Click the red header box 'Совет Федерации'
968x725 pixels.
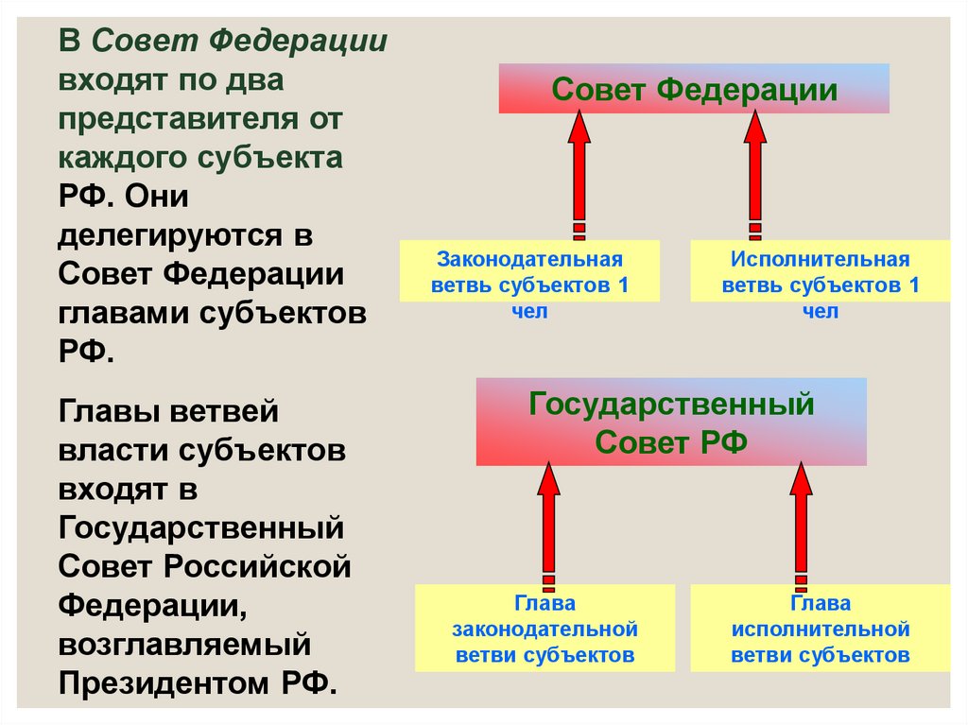694,89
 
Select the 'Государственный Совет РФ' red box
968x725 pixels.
671,422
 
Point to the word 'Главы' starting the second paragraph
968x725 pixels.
108,411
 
